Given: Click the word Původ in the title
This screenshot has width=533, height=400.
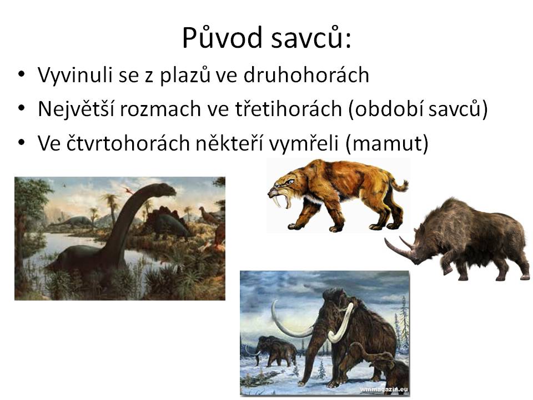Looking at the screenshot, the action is tap(222, 37).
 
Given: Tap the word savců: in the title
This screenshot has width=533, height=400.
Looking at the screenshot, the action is tap(311, 37).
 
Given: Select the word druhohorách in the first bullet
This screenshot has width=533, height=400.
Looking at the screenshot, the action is tap(306, 75).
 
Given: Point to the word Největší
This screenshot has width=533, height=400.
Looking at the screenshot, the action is tap(76, 109).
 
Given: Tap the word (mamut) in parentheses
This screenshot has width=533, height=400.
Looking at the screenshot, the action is tap(387, 143).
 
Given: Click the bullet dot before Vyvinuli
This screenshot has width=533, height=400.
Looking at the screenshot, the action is tap(22, 74).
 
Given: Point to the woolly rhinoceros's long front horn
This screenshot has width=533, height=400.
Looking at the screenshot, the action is tap(399, 250).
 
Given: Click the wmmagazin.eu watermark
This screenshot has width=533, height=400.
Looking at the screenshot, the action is tap(384, 389).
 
